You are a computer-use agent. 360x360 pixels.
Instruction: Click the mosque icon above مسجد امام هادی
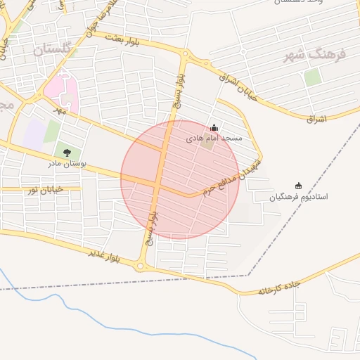point(214,128)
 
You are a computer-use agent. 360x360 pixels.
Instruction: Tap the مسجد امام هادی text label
point(214,139)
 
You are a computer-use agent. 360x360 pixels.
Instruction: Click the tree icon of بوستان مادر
point(67,152)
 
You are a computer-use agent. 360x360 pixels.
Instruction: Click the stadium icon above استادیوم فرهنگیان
point(298,186)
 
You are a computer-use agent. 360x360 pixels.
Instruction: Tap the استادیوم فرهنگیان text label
point(299,198)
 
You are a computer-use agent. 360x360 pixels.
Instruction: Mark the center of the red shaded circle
point(180,179)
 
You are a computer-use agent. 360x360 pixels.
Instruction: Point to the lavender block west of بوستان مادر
point(32,134)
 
